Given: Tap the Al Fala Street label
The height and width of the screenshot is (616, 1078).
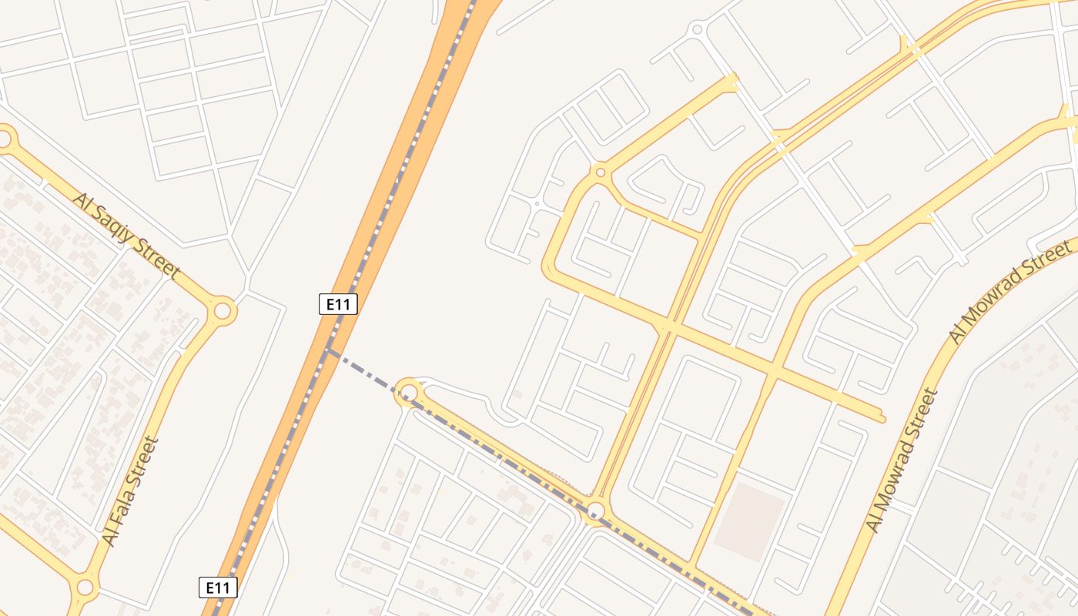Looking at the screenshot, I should pos(131,491).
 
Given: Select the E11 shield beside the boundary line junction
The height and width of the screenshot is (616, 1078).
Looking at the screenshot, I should pos(338,304).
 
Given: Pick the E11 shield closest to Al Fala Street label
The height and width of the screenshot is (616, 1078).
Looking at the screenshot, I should pos(218,588).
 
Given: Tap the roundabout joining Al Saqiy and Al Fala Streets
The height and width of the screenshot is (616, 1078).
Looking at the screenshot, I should pos(223,311).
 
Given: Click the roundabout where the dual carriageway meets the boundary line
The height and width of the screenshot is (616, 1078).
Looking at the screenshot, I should pos(595,511).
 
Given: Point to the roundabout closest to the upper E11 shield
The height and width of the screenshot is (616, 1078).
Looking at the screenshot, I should pos(408,393).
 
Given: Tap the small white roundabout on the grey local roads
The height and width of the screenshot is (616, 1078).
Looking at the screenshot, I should pos(698,29).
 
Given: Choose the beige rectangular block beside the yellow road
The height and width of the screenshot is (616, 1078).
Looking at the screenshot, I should pos(748,520).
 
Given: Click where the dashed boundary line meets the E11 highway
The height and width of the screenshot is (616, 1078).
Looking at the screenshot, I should pos(330,350).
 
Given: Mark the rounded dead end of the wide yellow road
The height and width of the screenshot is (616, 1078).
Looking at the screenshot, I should pos(880,418).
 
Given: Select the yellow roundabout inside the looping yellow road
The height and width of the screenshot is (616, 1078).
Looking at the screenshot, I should pos(600,172).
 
